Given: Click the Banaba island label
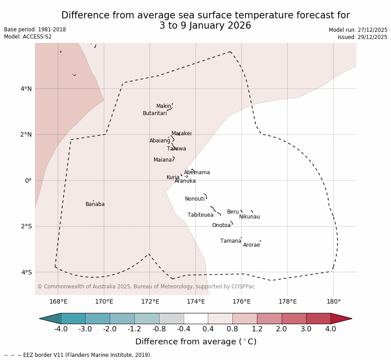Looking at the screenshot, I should click(95, 204).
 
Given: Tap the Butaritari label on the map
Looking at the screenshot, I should click(155, 113).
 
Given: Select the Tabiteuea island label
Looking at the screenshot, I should click(200, 215).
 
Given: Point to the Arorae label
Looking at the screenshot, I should click(251, 245).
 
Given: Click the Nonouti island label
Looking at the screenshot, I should click(194, 199).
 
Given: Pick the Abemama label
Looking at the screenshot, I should click(197, 172).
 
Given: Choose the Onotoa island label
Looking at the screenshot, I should click(221, 225).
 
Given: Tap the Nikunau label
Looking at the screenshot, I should click(249, 217).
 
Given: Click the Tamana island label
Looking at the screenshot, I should click(231, 241).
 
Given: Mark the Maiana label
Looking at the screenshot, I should click(163, 160).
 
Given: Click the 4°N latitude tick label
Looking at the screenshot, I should click(26, 89).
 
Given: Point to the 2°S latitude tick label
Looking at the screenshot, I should click(26, 226).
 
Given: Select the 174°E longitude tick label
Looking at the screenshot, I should click(196, 301).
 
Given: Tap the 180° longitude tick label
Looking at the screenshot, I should click(333, 301).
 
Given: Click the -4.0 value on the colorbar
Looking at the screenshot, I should click(61, 329).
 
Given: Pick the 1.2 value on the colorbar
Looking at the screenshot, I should click(257, 329).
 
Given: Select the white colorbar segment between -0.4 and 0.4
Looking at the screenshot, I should click(196, 318).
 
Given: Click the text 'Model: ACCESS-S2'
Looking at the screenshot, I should click(28, 37).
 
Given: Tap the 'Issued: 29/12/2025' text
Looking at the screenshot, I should click(362, 37).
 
